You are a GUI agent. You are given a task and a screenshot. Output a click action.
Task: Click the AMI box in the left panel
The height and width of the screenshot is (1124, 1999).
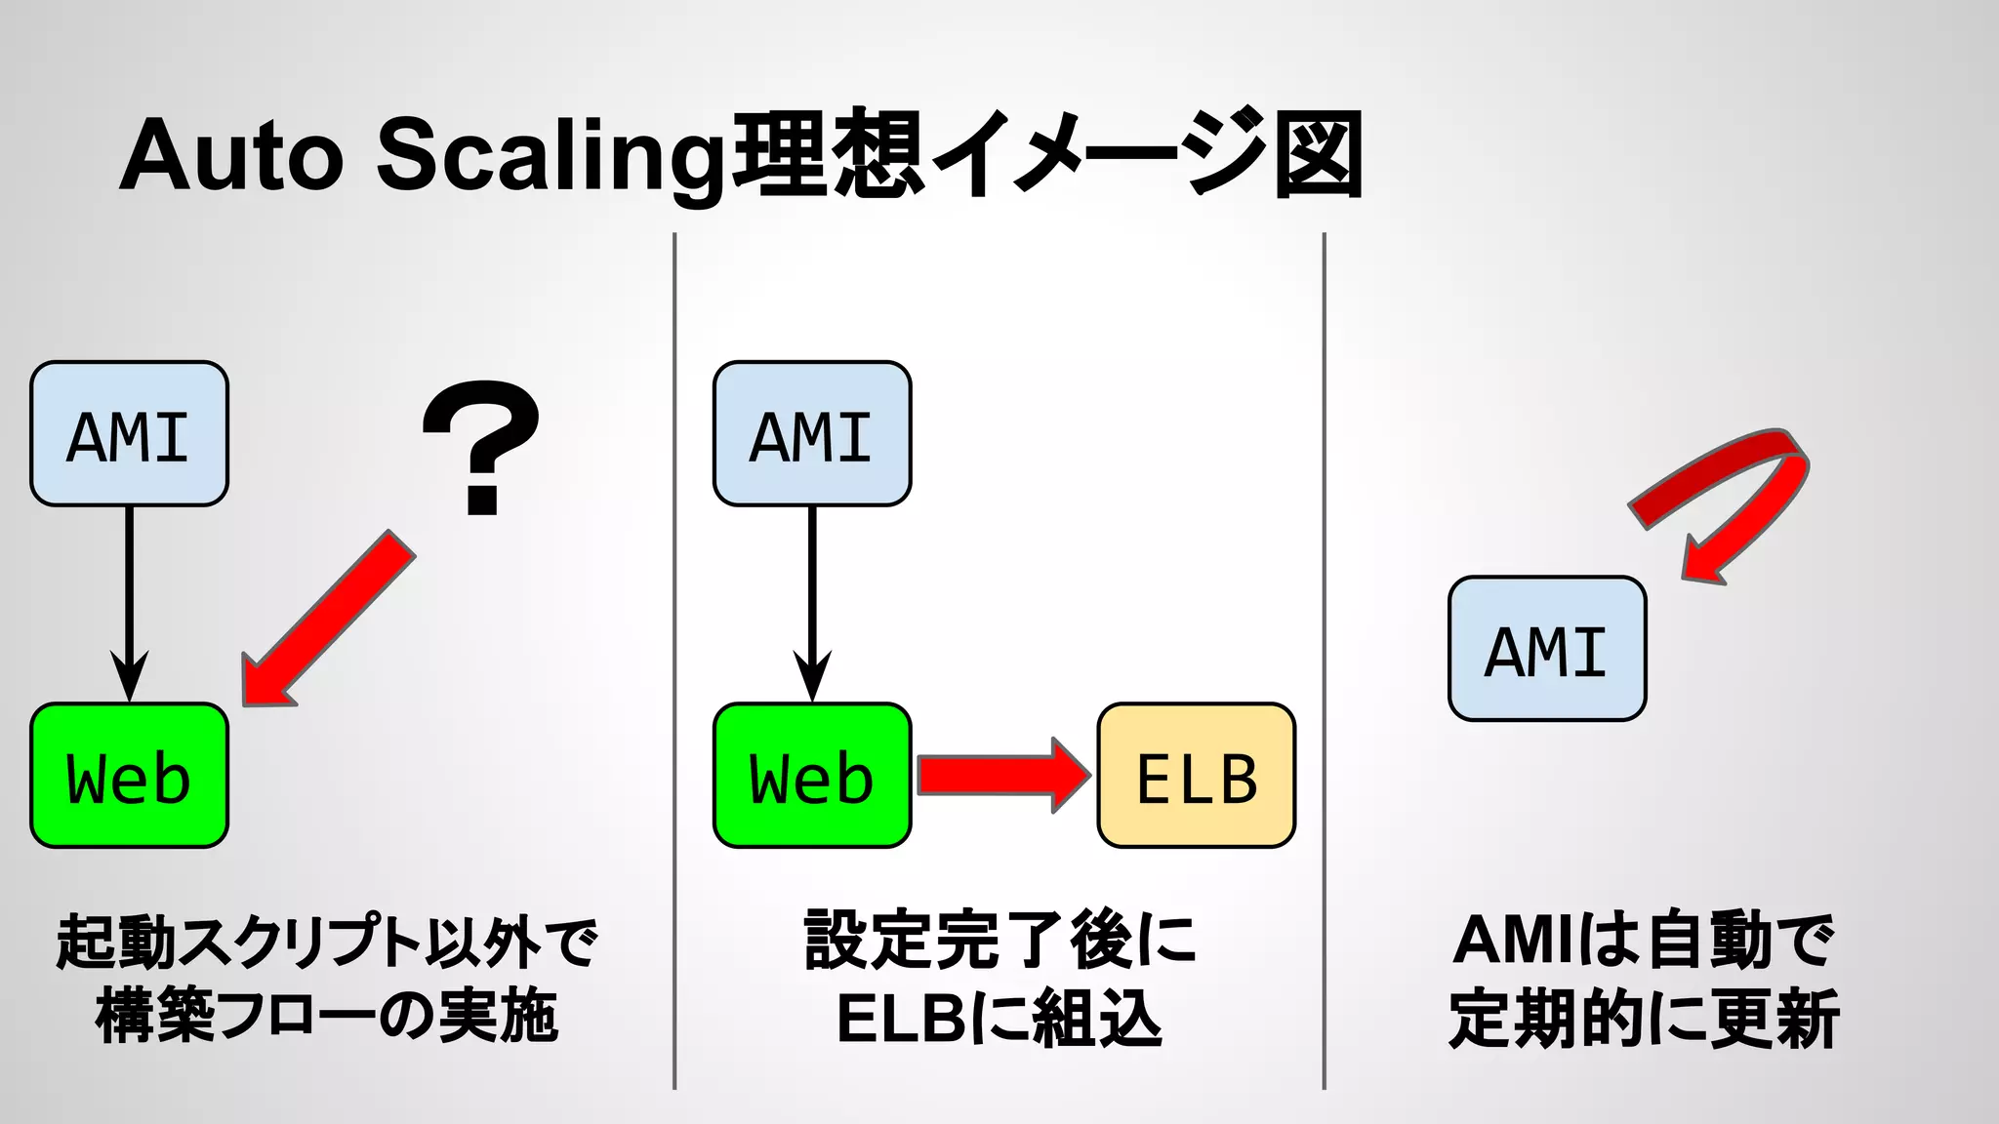click(x=129, y=434)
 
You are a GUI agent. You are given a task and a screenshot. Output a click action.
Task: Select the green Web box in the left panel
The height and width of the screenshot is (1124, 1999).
click(x=129, y=776)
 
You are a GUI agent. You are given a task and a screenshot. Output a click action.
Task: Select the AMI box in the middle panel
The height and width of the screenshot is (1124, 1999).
click(x=812, y=434)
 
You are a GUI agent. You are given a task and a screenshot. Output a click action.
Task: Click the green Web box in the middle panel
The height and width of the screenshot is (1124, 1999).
click(x=812, y=776)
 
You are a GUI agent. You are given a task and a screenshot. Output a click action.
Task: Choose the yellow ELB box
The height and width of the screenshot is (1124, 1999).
click(x=1197, y=776)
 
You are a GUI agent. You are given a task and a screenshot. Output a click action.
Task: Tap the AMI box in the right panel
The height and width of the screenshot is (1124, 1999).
click(x=1547, y=649)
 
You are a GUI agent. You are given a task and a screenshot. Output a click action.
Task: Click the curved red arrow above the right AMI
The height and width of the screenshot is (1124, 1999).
click(x=1747, y=488)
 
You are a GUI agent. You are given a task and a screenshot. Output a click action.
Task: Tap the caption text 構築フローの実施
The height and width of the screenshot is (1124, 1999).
click(x=327, y=1017)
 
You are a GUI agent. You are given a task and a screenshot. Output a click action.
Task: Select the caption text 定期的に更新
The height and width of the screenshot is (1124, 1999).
click(x=1644, y=1019)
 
